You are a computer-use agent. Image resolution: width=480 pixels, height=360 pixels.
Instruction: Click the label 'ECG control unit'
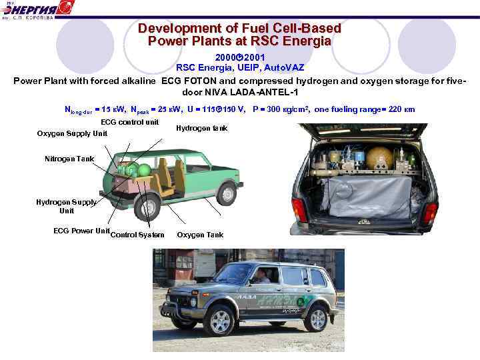coord(129,122)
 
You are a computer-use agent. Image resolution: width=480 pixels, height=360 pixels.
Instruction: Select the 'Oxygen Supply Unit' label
coord(72,133)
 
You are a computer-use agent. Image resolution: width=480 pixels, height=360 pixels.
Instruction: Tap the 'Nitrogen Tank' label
coord(69,159)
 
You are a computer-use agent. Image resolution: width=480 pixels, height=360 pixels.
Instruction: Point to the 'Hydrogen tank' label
coord(203,128)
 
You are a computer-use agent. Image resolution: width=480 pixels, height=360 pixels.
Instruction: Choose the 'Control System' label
coord(137,235)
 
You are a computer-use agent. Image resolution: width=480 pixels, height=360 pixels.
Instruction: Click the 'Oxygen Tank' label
coord(200,235)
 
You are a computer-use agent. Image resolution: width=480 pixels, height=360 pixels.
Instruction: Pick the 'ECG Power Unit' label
coord(81,231)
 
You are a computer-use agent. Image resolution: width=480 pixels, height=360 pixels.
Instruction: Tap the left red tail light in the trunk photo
coord(300,210)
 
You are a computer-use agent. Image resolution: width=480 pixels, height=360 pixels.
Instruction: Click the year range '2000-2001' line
coord(239,58)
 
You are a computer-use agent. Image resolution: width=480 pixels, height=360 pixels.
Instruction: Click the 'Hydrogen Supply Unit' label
coord(67,206)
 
